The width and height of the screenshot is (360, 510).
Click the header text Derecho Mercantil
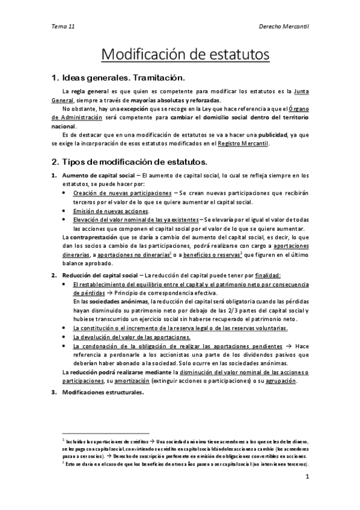point(284,26)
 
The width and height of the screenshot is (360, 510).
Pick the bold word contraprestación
point(99,237)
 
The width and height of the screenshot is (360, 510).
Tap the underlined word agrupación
point(278,381)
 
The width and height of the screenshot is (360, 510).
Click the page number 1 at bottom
point(307,477)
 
